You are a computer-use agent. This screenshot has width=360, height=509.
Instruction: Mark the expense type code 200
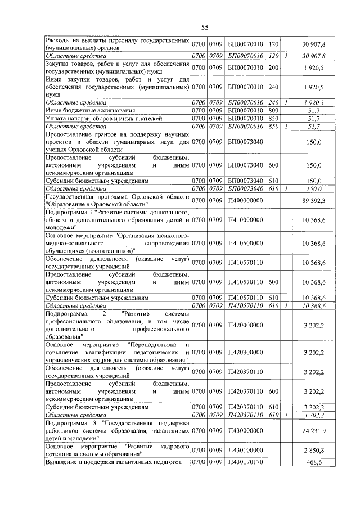[274, 67]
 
